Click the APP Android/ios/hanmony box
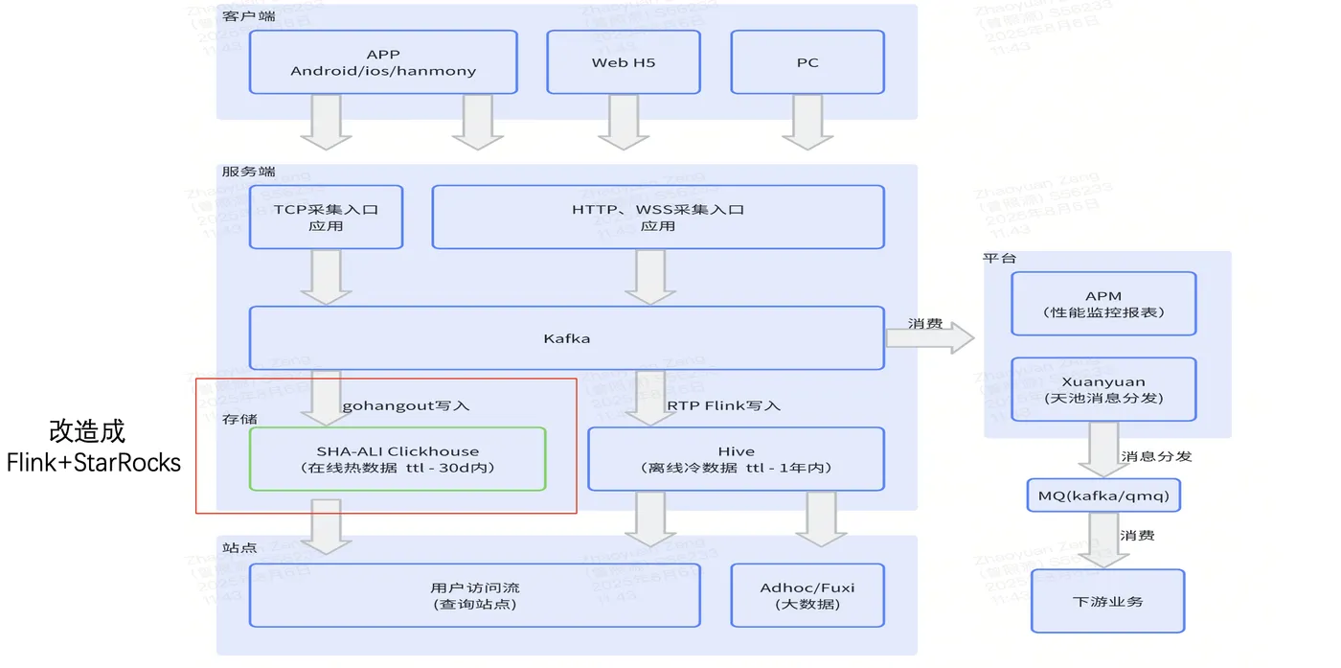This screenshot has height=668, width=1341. point(383,62)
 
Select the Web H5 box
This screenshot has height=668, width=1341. point(624,62)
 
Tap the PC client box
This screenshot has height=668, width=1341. point(807,62)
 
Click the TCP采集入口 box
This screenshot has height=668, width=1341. point(326,218)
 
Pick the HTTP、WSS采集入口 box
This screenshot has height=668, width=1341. point(658,218)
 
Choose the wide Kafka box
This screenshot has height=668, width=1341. point(566,338)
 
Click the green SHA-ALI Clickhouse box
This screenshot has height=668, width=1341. point(398,459)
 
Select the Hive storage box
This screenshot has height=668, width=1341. point(736,459)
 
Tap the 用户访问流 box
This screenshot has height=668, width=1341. point(475,595)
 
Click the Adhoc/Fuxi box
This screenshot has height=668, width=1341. point(807,595)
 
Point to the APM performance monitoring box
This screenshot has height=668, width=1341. point(1103,304)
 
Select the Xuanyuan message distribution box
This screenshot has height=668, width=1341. point(1103,389)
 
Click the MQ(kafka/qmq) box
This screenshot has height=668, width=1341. point(1103,495)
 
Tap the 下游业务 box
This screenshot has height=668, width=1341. point(1107,601)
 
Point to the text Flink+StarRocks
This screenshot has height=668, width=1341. point(93,463)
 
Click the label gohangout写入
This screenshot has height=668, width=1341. point(405,405)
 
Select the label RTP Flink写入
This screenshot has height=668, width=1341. point(723,405)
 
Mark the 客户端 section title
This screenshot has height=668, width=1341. point(247,16)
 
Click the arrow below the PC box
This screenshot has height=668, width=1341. point(807,123)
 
